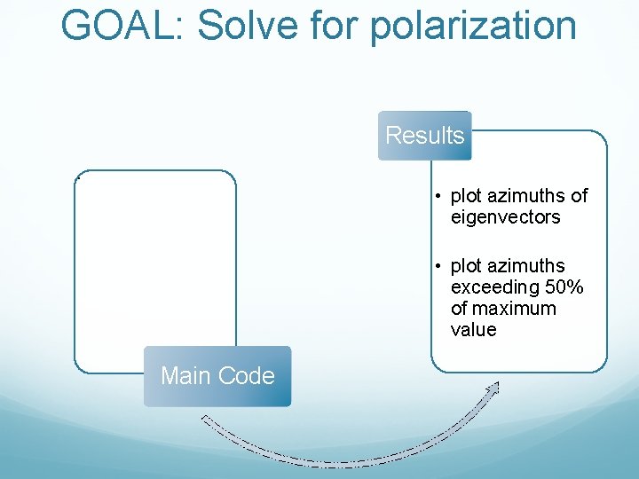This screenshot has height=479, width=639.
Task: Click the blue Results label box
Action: click(x=424, y=136)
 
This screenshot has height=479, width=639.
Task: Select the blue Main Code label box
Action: click(x=217, y=376)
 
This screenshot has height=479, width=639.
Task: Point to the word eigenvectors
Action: click(x=505, y=216)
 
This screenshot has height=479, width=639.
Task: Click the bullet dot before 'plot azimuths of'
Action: click(x=438, y=196)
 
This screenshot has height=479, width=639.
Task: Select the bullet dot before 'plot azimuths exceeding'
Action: click(x=438, y=267)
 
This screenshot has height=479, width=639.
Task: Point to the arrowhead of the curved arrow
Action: click(x=493, y=387)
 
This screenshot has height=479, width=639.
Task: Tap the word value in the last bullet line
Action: click(x=473, y=330)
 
